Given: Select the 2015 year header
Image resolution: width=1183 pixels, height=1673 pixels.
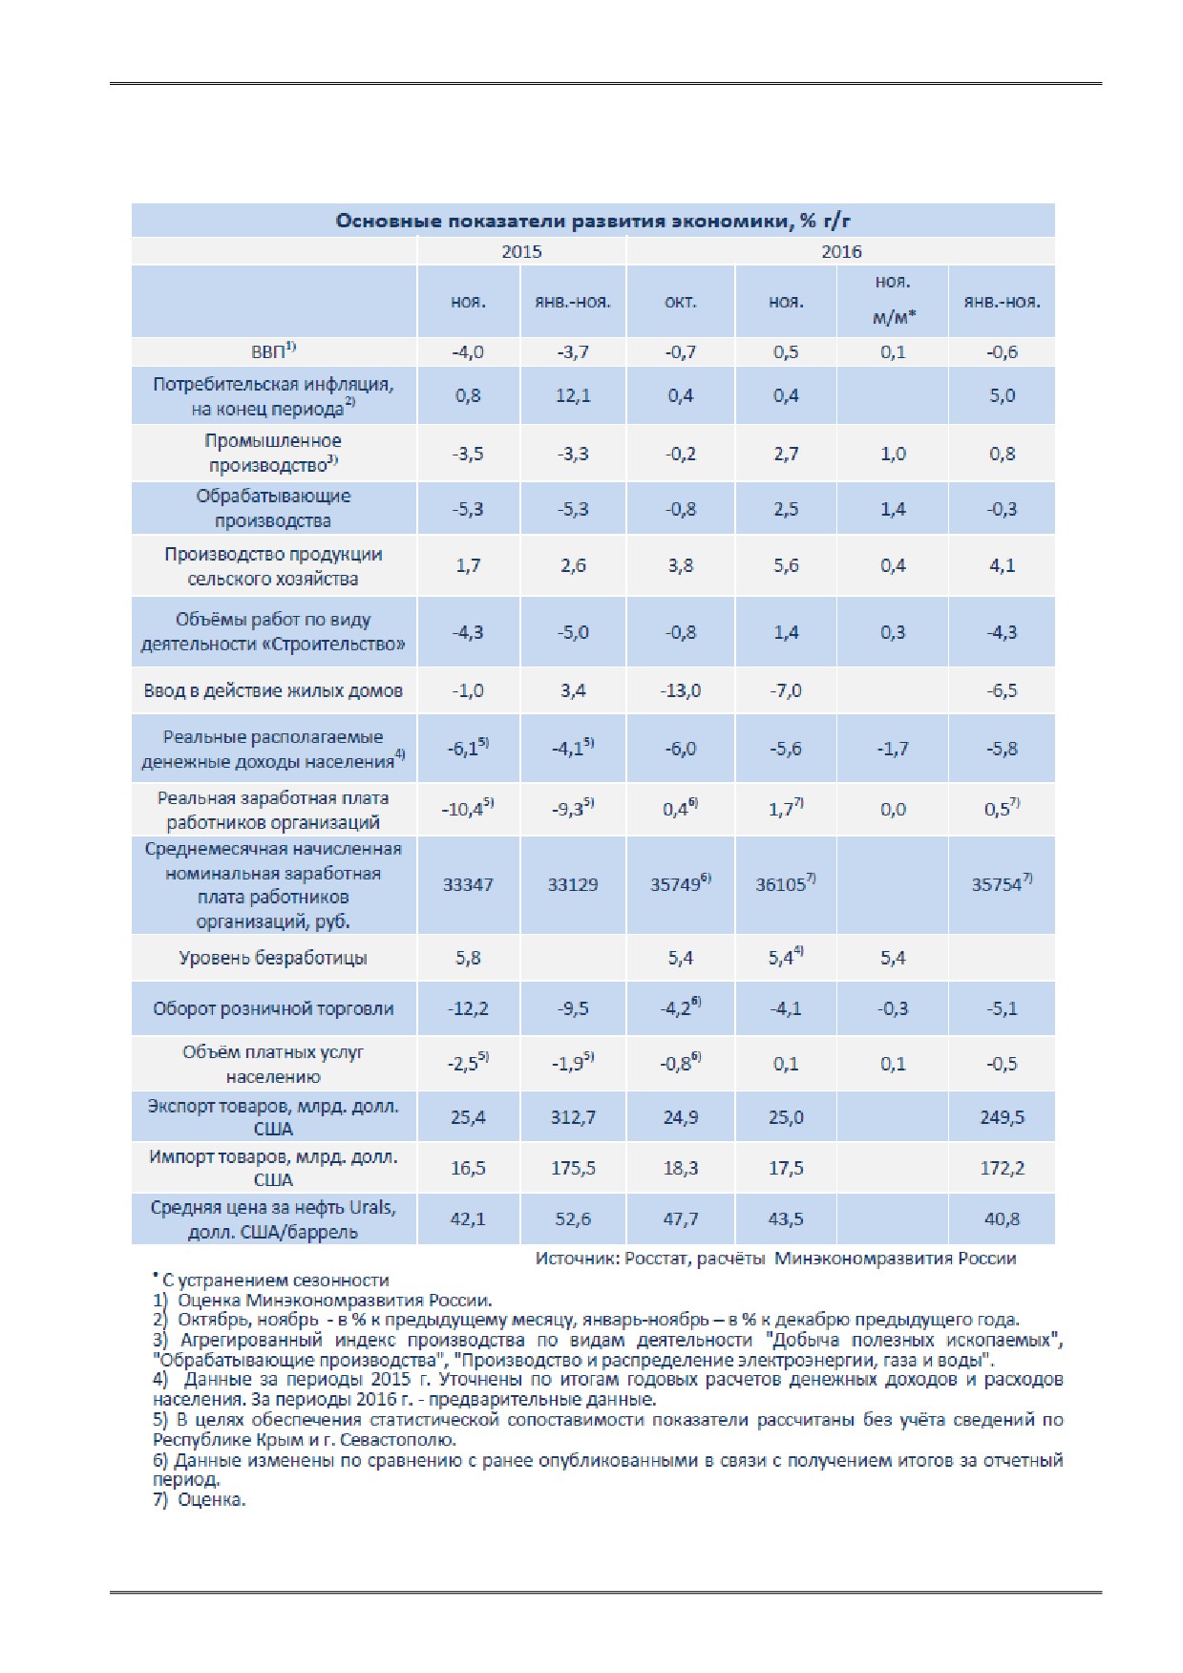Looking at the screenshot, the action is point(521,251).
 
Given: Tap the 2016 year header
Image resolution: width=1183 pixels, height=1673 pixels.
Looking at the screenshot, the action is point(841,251).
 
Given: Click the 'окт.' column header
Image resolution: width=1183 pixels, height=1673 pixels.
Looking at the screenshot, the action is point(680,302).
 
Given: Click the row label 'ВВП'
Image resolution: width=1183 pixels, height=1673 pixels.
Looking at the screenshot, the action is point(273,351).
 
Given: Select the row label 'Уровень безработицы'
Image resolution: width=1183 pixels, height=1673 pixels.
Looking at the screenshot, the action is point(273,958).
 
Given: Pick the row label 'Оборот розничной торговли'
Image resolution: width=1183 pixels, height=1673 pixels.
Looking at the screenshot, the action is point(273,1008).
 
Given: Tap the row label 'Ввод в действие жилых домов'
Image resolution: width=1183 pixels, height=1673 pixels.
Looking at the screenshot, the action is point(273,690).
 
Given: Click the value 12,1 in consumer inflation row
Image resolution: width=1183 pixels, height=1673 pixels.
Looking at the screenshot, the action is point(573,395).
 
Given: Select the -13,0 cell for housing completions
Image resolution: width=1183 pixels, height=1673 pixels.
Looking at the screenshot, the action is point(680,690).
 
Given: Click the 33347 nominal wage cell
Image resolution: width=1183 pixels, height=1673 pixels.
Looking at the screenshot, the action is point(468,884).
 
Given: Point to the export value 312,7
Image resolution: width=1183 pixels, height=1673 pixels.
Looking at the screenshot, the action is point(573,1117).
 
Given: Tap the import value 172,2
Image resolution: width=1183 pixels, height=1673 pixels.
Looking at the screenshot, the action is point(1002,1168).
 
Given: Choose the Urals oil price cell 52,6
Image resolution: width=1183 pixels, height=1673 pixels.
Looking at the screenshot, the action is point(573,1218).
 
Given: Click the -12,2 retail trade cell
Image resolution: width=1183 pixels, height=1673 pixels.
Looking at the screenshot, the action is point(468,1008).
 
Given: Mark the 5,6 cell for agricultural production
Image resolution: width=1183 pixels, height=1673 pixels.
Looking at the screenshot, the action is point(786,565).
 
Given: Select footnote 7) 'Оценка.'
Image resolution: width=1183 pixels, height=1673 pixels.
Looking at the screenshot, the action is point(200,1499).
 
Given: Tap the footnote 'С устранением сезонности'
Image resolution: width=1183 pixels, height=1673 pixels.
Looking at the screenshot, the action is point(271,1280).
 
